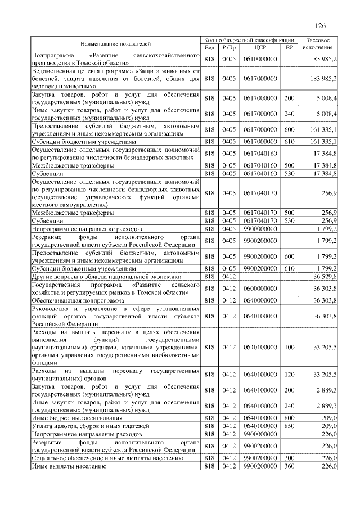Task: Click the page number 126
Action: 321,25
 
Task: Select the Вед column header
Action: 209,47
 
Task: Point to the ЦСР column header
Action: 259,47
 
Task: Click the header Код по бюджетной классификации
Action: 249,40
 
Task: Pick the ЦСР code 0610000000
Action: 259,59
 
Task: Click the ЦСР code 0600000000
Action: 259,289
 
